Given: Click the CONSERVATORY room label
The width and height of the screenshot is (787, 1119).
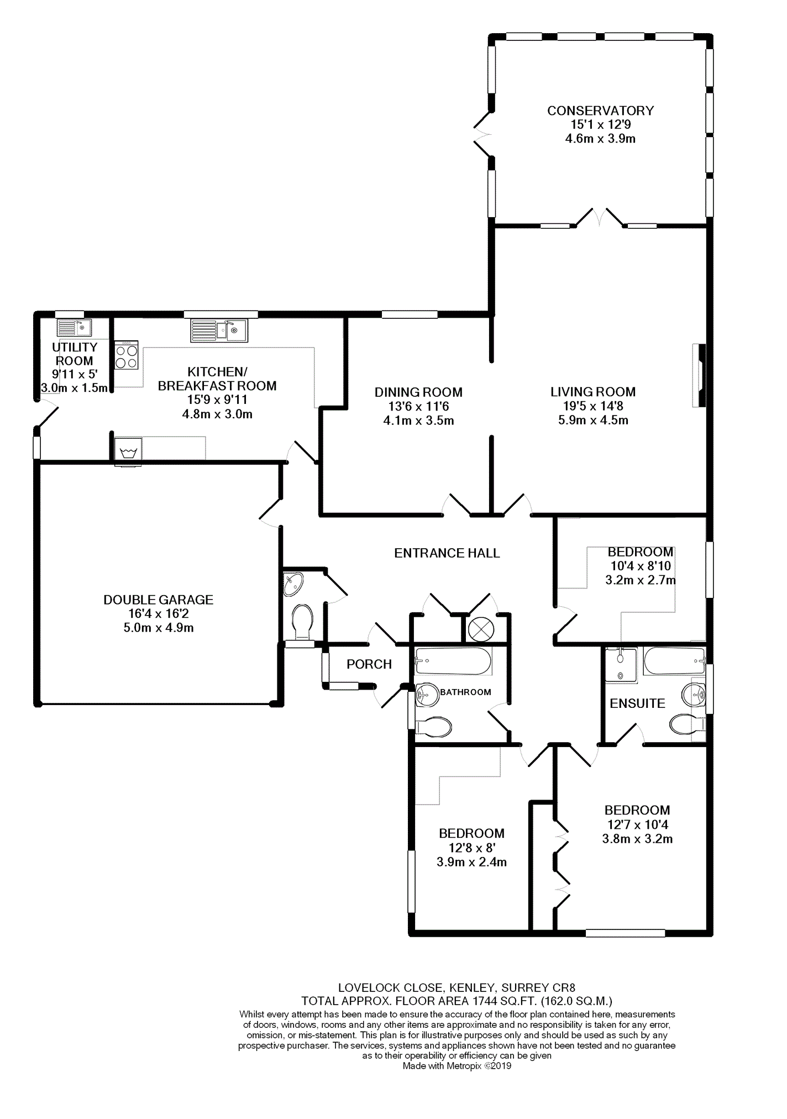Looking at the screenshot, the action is click(x=600, y=111).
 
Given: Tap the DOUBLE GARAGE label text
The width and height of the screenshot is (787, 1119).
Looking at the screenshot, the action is click(x=158, y=600).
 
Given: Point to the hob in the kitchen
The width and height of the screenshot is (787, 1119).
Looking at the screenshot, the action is click(x=126, y=355).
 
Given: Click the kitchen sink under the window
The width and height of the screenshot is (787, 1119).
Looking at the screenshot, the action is click(x=219, y=330).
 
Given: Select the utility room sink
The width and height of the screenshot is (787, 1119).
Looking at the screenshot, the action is click(x=74, y=328).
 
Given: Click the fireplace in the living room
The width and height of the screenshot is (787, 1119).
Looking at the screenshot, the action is click(x=699, y=376).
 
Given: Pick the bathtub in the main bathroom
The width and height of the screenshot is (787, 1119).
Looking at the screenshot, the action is click(x=453, y=661).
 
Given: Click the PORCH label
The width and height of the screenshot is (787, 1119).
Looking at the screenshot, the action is click(x=369, y=664).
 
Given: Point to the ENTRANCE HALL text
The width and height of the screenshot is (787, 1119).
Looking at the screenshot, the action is click(x=447, y=553).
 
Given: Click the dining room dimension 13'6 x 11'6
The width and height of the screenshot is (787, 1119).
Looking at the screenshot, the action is click(x=418, y=406).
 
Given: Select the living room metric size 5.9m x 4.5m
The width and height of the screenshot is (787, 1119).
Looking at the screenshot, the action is click(x=593, y=420).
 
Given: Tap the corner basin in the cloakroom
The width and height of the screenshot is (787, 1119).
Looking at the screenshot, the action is click(x=293, y=584).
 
